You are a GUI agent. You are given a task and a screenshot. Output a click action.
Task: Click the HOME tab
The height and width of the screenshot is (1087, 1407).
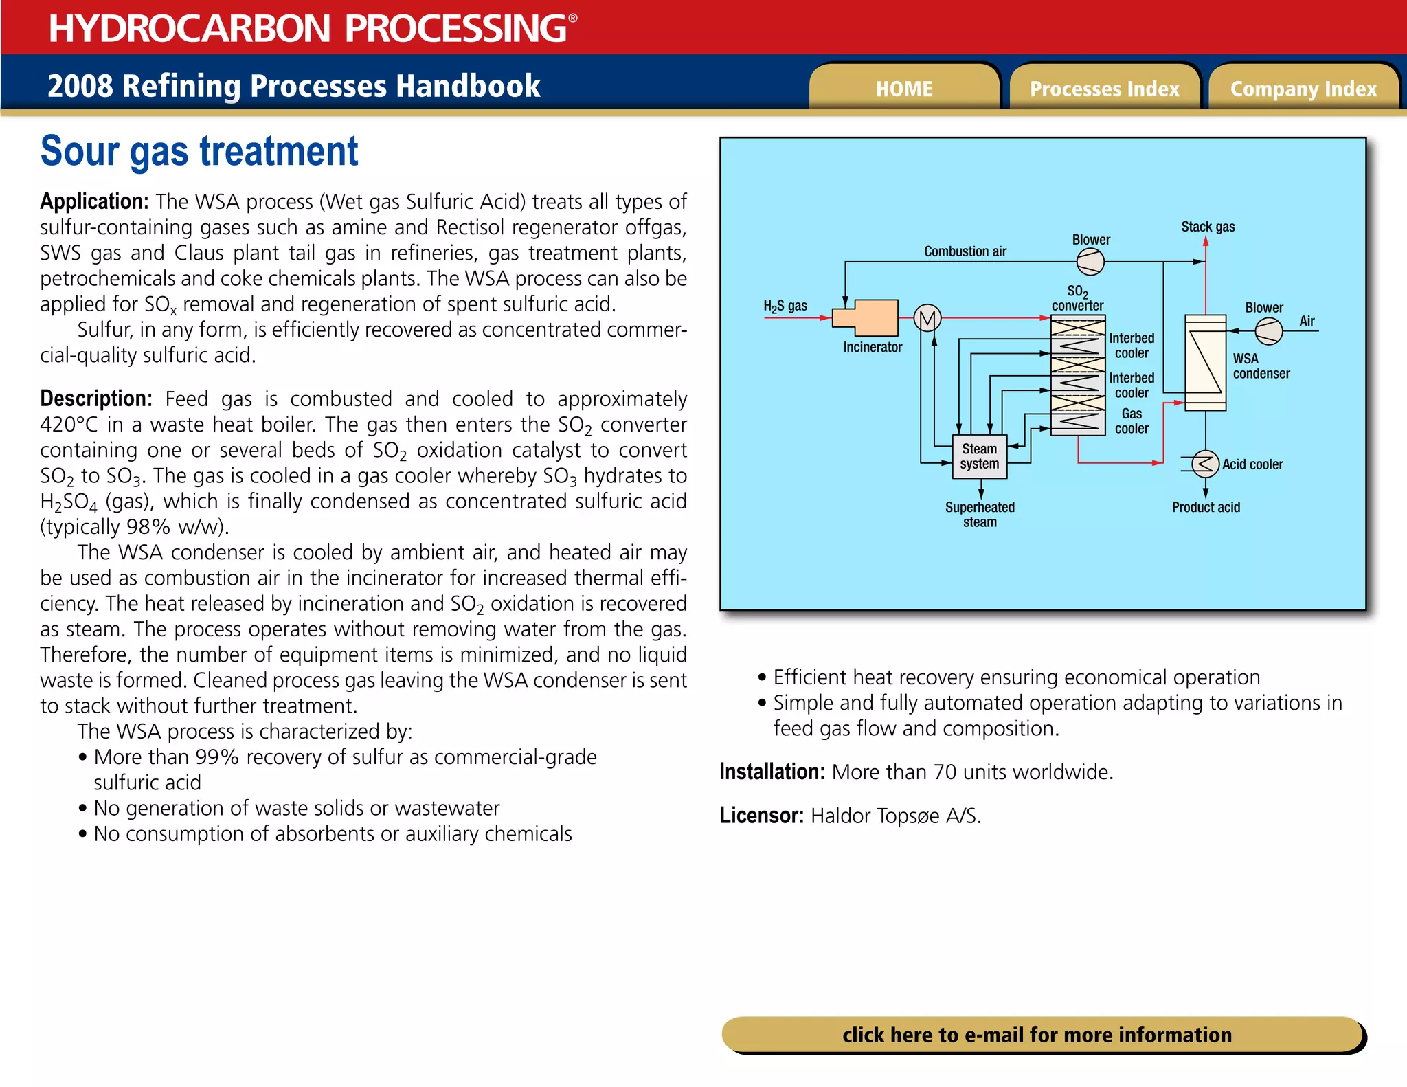point(903,89)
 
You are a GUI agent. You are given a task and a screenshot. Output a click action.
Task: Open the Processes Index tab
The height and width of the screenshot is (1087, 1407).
point(1104,89)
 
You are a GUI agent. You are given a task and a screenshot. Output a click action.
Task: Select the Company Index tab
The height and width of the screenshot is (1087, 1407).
point(1303,89)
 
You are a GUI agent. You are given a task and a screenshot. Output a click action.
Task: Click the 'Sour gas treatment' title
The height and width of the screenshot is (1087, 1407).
point(199,151)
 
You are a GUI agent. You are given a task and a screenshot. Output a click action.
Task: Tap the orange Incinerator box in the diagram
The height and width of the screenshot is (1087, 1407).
point(867,317)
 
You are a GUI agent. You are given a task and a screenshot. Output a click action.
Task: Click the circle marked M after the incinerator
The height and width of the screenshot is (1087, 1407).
point(927,318)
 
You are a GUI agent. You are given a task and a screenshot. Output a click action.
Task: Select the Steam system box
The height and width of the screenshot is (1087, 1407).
point(980,456)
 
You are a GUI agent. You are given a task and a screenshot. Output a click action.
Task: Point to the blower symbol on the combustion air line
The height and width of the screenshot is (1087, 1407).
point(1090,262)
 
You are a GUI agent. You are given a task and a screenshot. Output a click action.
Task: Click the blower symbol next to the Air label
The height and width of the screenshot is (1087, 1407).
point(1268,331)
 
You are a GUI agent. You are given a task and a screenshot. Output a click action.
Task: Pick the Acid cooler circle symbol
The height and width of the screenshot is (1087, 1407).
point(1205,464)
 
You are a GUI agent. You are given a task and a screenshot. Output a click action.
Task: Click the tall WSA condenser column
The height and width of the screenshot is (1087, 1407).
point(1205,362)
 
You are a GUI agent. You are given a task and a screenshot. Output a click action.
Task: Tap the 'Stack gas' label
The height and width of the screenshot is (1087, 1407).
point(1208,227)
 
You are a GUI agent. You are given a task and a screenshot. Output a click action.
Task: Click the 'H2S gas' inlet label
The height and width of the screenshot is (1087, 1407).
point(785,306)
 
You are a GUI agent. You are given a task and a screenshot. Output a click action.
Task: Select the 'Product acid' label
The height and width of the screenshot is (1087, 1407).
point(1206,507)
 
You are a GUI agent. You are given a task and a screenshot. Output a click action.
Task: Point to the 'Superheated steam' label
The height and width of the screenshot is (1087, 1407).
point(980,514)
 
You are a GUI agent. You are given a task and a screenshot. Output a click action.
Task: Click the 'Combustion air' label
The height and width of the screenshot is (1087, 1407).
point(965,251)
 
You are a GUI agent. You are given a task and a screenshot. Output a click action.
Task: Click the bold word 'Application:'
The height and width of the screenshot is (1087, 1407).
point(94,201)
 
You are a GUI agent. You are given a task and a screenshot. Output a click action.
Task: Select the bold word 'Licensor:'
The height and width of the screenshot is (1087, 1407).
point(761,816)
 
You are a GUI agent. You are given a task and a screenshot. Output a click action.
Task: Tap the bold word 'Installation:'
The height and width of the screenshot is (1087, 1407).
point(772,772)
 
